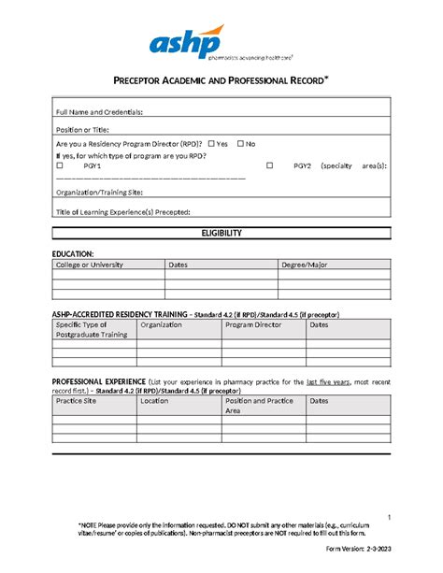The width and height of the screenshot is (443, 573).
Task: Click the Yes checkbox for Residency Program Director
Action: pos(211,144)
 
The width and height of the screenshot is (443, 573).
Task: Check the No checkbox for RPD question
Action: pos(240,144)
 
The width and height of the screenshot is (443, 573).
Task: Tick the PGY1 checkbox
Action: pos(60,165)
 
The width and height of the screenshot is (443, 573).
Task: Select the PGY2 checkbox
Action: pos(269,165)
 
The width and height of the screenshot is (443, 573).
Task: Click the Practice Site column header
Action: pos(77,400)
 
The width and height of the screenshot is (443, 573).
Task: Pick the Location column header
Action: pos(154,400)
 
